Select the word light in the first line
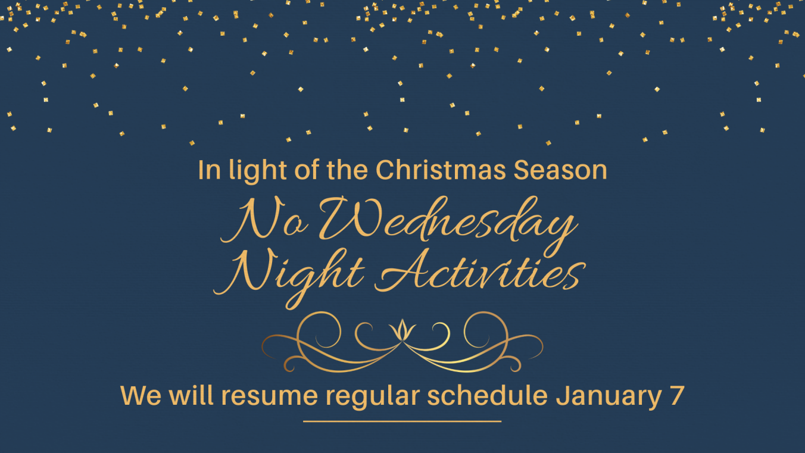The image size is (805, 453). (x=258, y=171)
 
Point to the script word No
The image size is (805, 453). (x=264, y=220)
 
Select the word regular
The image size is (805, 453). (x=373, y=397)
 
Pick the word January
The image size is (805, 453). (x=609, y=397)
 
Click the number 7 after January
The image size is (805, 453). (x=677, y=395)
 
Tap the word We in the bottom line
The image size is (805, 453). (x=141, y=395)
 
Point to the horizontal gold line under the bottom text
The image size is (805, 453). (x=402, y=421)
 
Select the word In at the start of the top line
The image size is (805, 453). (x=209, y=170)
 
